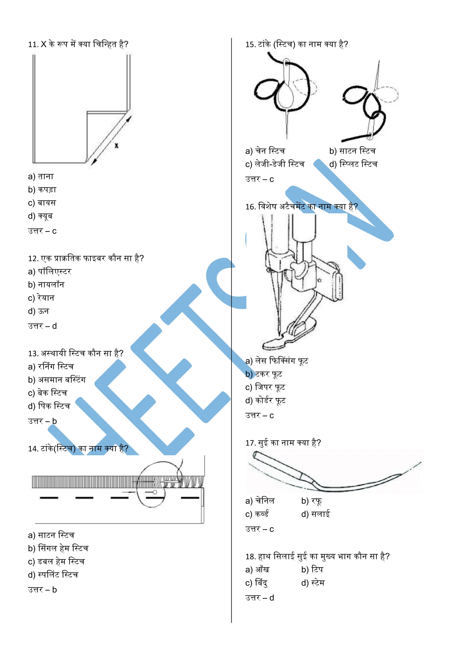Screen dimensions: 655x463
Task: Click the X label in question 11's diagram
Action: [116, 146]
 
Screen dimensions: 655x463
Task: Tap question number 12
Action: [33, 259]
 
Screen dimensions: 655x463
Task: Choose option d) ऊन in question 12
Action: [38, 311]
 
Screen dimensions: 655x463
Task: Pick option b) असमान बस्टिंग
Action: [57, 380]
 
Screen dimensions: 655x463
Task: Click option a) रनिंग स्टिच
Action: [51, 367]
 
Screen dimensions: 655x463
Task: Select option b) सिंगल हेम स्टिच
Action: [58, 548]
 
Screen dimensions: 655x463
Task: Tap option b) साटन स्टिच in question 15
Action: [352, 151]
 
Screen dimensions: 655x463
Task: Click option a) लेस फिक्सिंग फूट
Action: [276, 361]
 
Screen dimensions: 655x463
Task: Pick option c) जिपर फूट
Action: [265, 387]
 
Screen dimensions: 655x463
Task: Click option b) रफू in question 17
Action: [311, 501]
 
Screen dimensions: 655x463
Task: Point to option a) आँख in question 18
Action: [257, 570]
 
